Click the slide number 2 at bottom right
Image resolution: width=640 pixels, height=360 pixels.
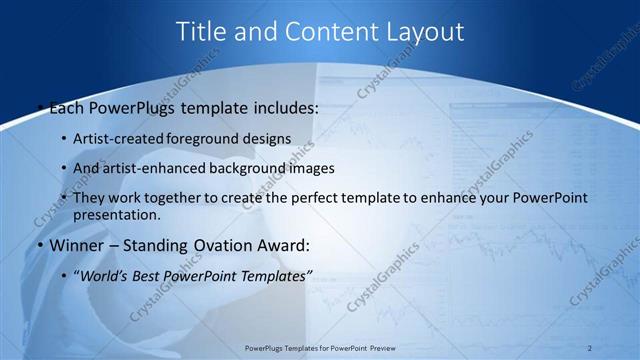click(590, 347)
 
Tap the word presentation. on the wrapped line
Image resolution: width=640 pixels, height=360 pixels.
click(116, 214)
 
